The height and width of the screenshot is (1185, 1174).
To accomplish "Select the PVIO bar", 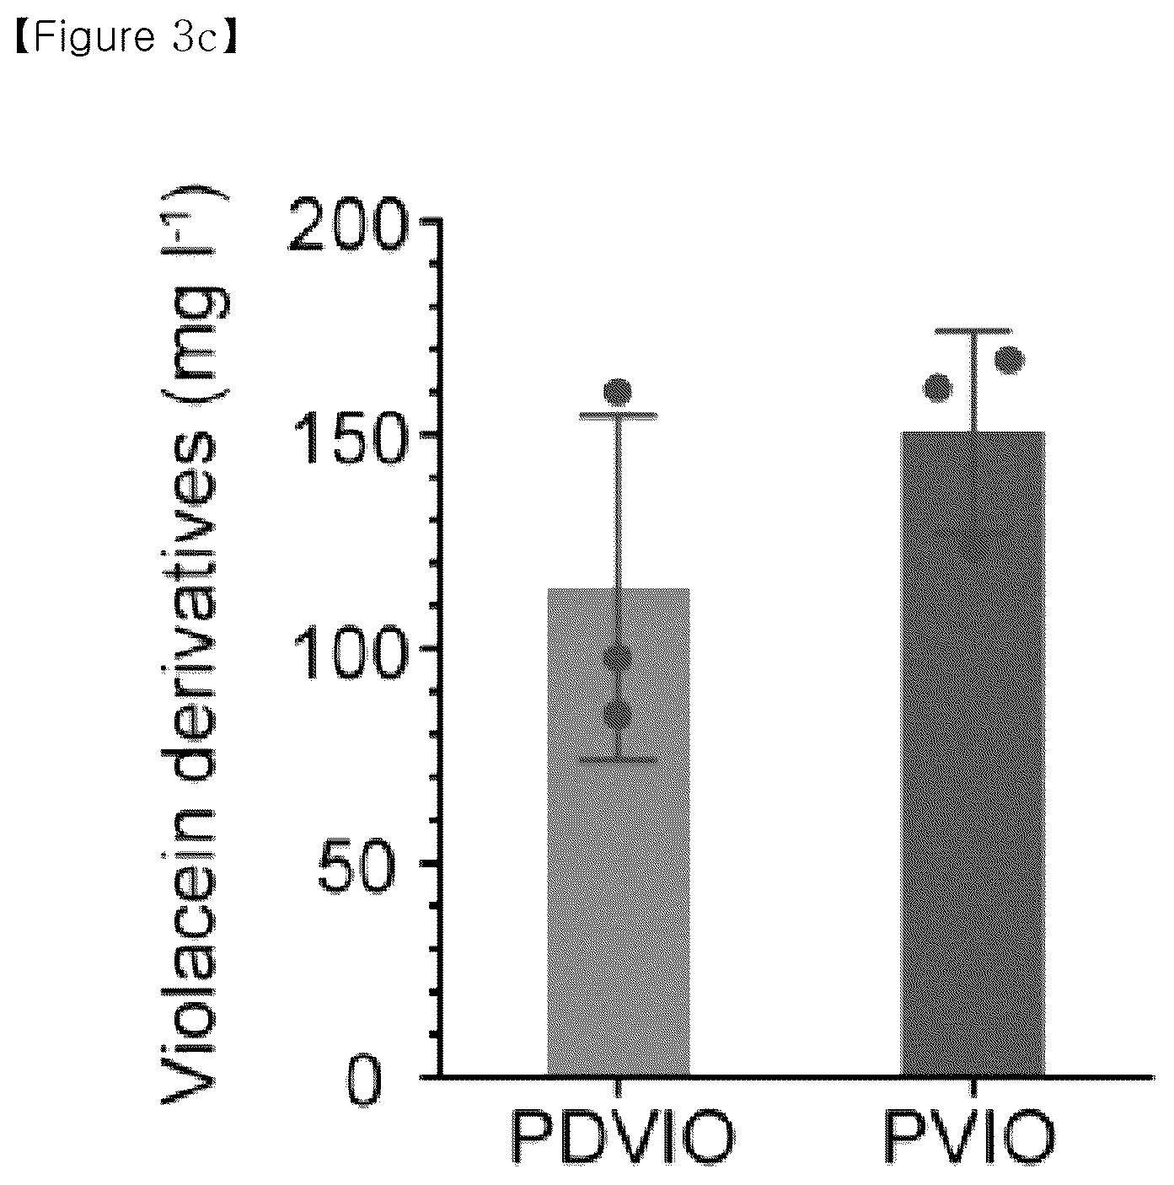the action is (x=973, y=754).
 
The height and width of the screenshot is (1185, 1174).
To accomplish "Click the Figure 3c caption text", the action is (x=126, y=37).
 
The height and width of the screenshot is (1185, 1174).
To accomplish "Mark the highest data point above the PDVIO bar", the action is (x=618, y=391).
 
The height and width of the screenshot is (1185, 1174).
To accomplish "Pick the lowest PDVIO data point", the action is (x=618, y=715).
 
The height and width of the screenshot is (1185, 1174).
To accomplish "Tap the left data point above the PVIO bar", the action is (x=939, y=388).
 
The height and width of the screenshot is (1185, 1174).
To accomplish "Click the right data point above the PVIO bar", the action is (x=1009, y=361).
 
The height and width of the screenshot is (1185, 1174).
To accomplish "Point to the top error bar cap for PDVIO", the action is (x=618, y=416).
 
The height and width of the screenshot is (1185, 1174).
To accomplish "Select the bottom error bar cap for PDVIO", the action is (x=618, y=759).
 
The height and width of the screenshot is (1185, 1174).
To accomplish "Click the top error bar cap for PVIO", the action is (x=973, y=331).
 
